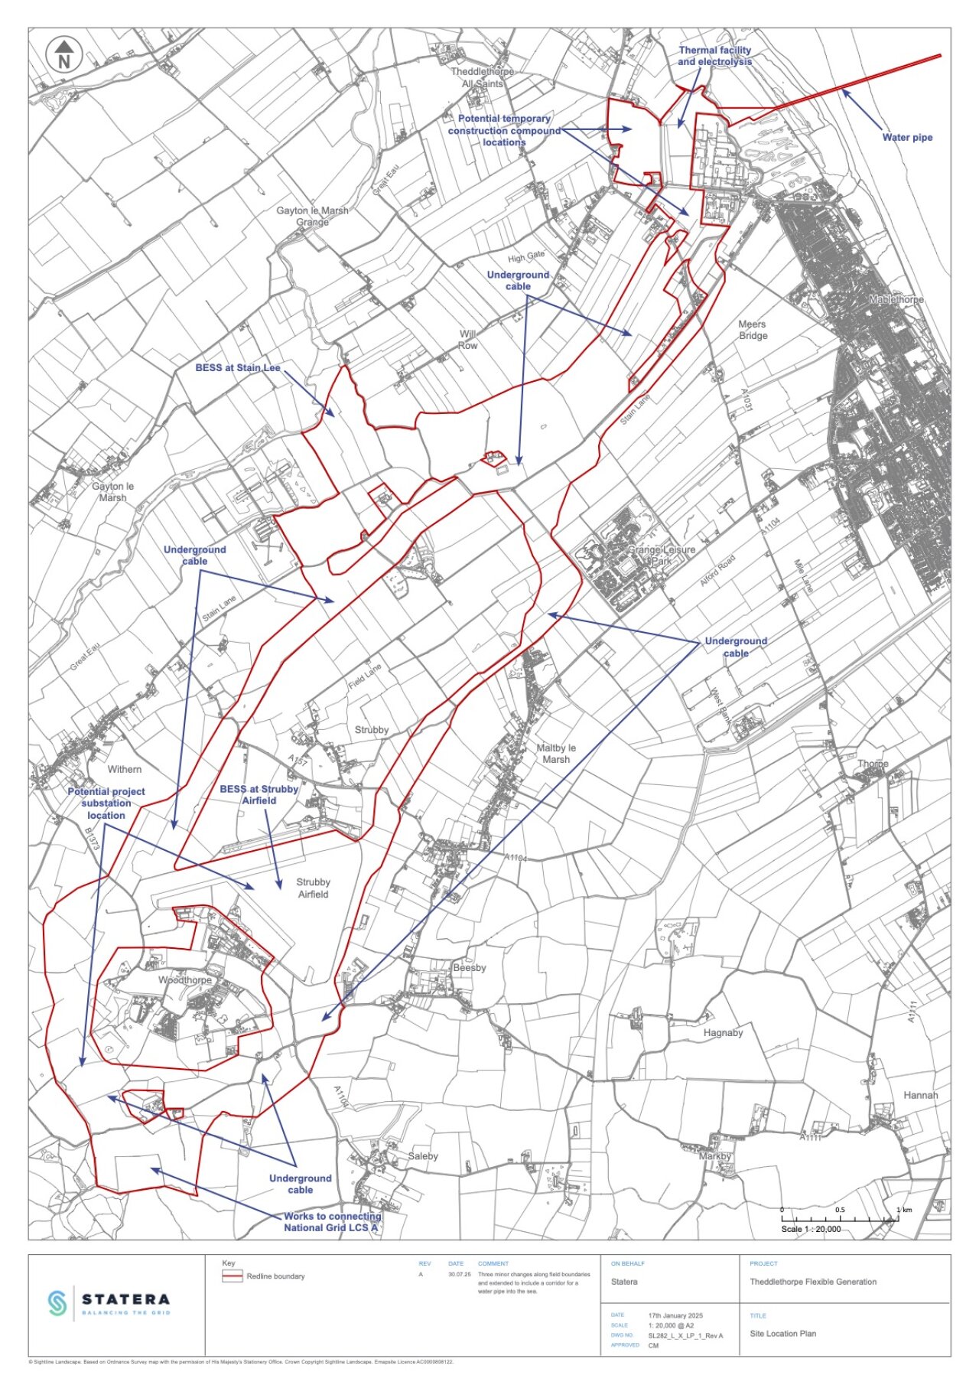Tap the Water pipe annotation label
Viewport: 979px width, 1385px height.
point(907,138)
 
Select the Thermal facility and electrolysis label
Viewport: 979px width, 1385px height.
point(714,56)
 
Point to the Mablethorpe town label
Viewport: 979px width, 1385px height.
point(896,300)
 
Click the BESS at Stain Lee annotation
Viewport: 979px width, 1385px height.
point(238,368)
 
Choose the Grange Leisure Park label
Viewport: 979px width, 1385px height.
point(662,556)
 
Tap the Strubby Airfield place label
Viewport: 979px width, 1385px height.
point(313,888)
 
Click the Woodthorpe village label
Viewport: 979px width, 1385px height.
point(185,980)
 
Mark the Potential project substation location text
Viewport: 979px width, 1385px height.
point(106,803)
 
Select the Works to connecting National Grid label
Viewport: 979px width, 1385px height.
point(332,1222)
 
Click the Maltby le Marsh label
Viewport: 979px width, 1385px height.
point(556,754)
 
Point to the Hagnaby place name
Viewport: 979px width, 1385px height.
point(723,1033)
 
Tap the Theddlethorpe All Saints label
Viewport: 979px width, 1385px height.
point(482,77)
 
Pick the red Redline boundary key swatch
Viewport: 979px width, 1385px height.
point(232,1276)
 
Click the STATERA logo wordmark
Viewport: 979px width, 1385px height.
point(125,1299)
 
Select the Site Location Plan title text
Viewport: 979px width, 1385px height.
point(782,1334)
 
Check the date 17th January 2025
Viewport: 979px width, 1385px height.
point(675,1315)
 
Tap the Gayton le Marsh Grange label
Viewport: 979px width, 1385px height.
point(312,216)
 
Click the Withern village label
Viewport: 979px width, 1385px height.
point(124,770)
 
